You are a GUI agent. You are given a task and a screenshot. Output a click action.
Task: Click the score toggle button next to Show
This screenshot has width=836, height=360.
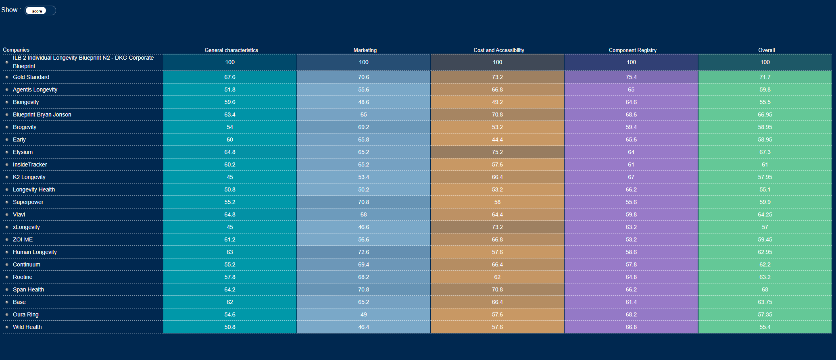tap(37, 11)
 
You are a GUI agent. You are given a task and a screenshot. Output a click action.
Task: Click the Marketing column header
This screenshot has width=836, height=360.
tap(365, 50)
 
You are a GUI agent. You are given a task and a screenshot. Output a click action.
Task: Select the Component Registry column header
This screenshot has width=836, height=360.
tap(632, 50)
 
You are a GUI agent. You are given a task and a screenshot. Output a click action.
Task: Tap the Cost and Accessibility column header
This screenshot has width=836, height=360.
tap(498, 50)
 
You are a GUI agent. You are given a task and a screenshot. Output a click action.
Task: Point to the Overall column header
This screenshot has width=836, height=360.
tap(766, 50)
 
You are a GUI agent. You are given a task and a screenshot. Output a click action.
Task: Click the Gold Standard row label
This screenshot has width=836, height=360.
tap(31, 77)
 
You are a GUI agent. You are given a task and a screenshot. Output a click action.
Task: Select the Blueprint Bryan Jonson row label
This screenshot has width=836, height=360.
tap(42, 114)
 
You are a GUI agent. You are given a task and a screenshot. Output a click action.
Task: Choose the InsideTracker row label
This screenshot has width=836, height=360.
tap(30, 164)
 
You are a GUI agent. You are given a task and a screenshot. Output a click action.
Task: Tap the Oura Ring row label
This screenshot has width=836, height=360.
tap(26, 314)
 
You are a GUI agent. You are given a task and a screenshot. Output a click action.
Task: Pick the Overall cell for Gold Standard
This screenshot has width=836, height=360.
tap(765, 77)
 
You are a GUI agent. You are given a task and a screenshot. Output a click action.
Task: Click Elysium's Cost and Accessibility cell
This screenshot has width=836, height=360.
tap(497, 152)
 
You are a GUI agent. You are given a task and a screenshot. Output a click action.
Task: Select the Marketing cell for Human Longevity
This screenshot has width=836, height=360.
tap(363, 252)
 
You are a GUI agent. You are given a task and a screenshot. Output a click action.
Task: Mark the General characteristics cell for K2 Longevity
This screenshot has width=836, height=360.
tap(230, 177)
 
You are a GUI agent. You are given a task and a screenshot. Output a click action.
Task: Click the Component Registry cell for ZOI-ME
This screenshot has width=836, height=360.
tap(631, 239)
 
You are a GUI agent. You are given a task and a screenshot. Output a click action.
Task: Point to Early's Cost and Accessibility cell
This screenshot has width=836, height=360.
tap(497, 139)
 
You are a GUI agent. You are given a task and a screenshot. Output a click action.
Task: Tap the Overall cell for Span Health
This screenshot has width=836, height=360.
tap(765, 289)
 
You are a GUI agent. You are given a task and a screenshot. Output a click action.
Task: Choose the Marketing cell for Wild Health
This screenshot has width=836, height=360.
tap(363, 327)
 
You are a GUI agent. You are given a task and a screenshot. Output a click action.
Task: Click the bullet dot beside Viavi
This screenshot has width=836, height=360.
tap(7, 214)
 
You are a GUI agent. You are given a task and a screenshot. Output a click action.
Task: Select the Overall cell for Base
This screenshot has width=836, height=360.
tap(765, 302)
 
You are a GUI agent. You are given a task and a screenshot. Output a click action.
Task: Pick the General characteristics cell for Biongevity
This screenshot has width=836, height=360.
tap(230, 102)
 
